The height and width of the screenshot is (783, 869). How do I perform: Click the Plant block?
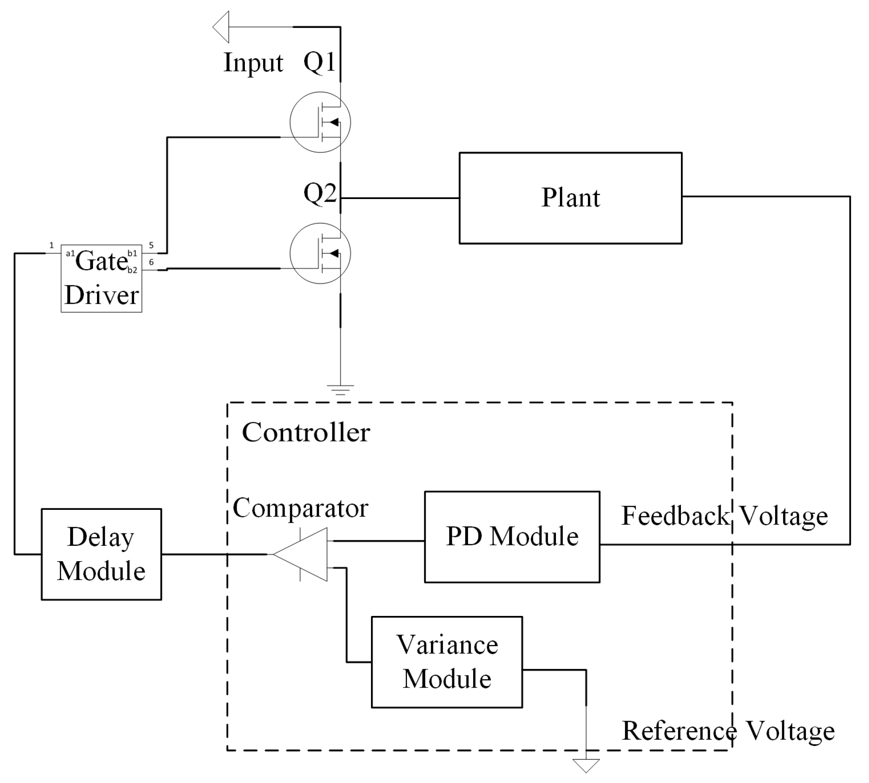pos(570,198)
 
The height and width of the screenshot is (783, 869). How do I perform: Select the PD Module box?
pos(512,537)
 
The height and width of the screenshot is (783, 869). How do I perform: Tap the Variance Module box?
pos(447,662)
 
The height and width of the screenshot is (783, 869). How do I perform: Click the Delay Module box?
pos(101,554)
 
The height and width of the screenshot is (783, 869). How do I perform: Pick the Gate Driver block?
pos(101,278)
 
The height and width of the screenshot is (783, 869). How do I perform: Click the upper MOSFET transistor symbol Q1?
pos(320,122)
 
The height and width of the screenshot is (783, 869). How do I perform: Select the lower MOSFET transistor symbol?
pos(320,253)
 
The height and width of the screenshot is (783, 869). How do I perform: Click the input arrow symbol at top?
pos(221,27)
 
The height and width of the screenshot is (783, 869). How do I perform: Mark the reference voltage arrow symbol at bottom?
pos(586,765)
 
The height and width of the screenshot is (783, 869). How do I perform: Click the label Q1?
pos(319,62)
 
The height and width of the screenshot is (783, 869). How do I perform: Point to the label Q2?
pos(319,193)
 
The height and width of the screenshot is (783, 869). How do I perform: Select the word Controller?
pos(306,432)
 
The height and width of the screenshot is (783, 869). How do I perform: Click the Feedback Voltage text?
pos(724,515)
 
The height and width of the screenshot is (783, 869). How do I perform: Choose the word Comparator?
pos(300,508)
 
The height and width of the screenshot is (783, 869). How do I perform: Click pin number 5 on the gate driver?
pos(151,245)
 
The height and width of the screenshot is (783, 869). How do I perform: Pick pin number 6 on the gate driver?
pos(151,262)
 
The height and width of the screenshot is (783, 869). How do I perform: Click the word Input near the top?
pos(253,63)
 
